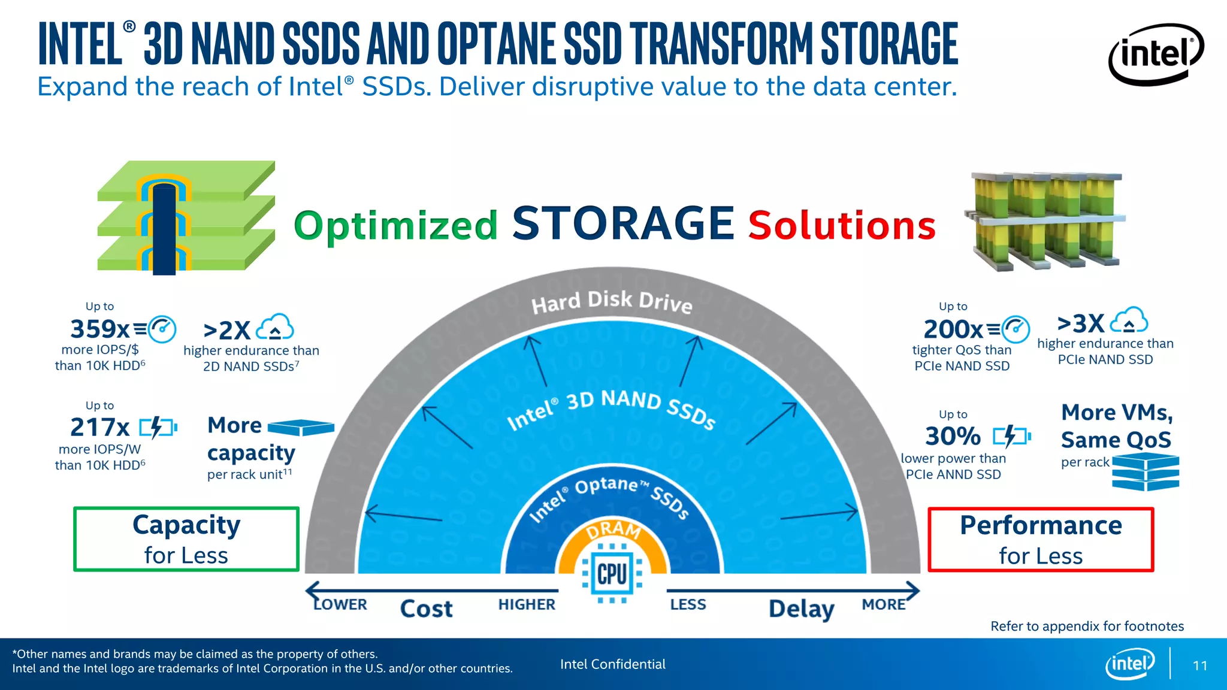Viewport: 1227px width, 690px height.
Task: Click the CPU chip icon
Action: tap(612, 574)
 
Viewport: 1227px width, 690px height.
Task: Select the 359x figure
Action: tap(99, 329)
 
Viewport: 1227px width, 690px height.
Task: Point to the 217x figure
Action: tap(99, 428)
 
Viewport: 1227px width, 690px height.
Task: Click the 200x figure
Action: tap(953, 329)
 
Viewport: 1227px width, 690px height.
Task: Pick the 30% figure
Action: tap(953, 436)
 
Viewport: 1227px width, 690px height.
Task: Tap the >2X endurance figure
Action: tap(226, 330)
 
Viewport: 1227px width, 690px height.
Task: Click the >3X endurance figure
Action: tap(1081, 323)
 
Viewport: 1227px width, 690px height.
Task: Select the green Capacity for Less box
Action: tap(186, 539)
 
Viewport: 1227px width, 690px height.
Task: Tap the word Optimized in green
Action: tap(395, 226)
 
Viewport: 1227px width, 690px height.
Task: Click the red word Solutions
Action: tap(842, 226)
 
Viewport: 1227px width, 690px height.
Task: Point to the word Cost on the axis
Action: tap(426, 609)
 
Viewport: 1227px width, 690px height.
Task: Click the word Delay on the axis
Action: tap(801, 609)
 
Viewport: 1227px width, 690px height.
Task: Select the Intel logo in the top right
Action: tap(1155, 54)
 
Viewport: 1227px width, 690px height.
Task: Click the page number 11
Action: tap(1199, 665)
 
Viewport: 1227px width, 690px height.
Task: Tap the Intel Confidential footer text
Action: tap(612, 664)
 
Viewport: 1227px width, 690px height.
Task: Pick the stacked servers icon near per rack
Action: tap(1146, 471)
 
